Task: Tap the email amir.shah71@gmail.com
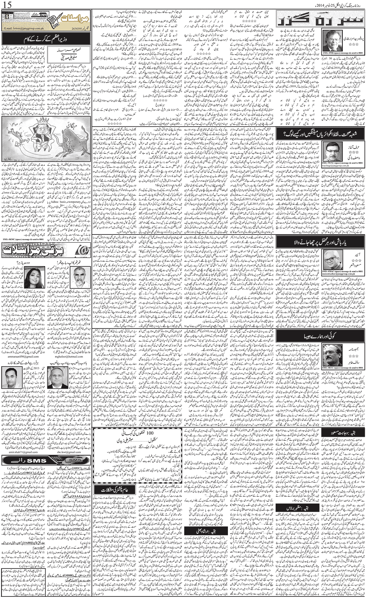23,452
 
